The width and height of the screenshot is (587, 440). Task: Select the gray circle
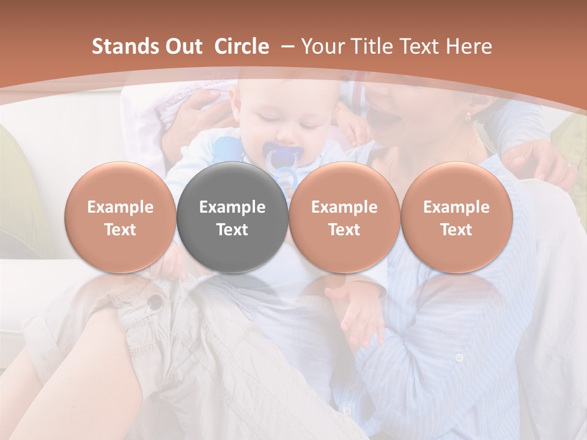tap(232, 217)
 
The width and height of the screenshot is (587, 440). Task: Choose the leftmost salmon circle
tap(120, 217)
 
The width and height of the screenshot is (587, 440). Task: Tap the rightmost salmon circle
tap(456, 217)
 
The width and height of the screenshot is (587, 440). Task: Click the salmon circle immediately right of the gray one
tap(344, 217)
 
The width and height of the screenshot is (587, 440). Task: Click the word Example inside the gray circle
tap(232, 207)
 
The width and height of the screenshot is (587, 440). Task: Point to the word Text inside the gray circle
tap(232, 230)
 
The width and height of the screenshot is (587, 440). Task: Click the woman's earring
tap(469, 116)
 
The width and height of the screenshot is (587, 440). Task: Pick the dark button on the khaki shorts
tap(157, 301)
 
